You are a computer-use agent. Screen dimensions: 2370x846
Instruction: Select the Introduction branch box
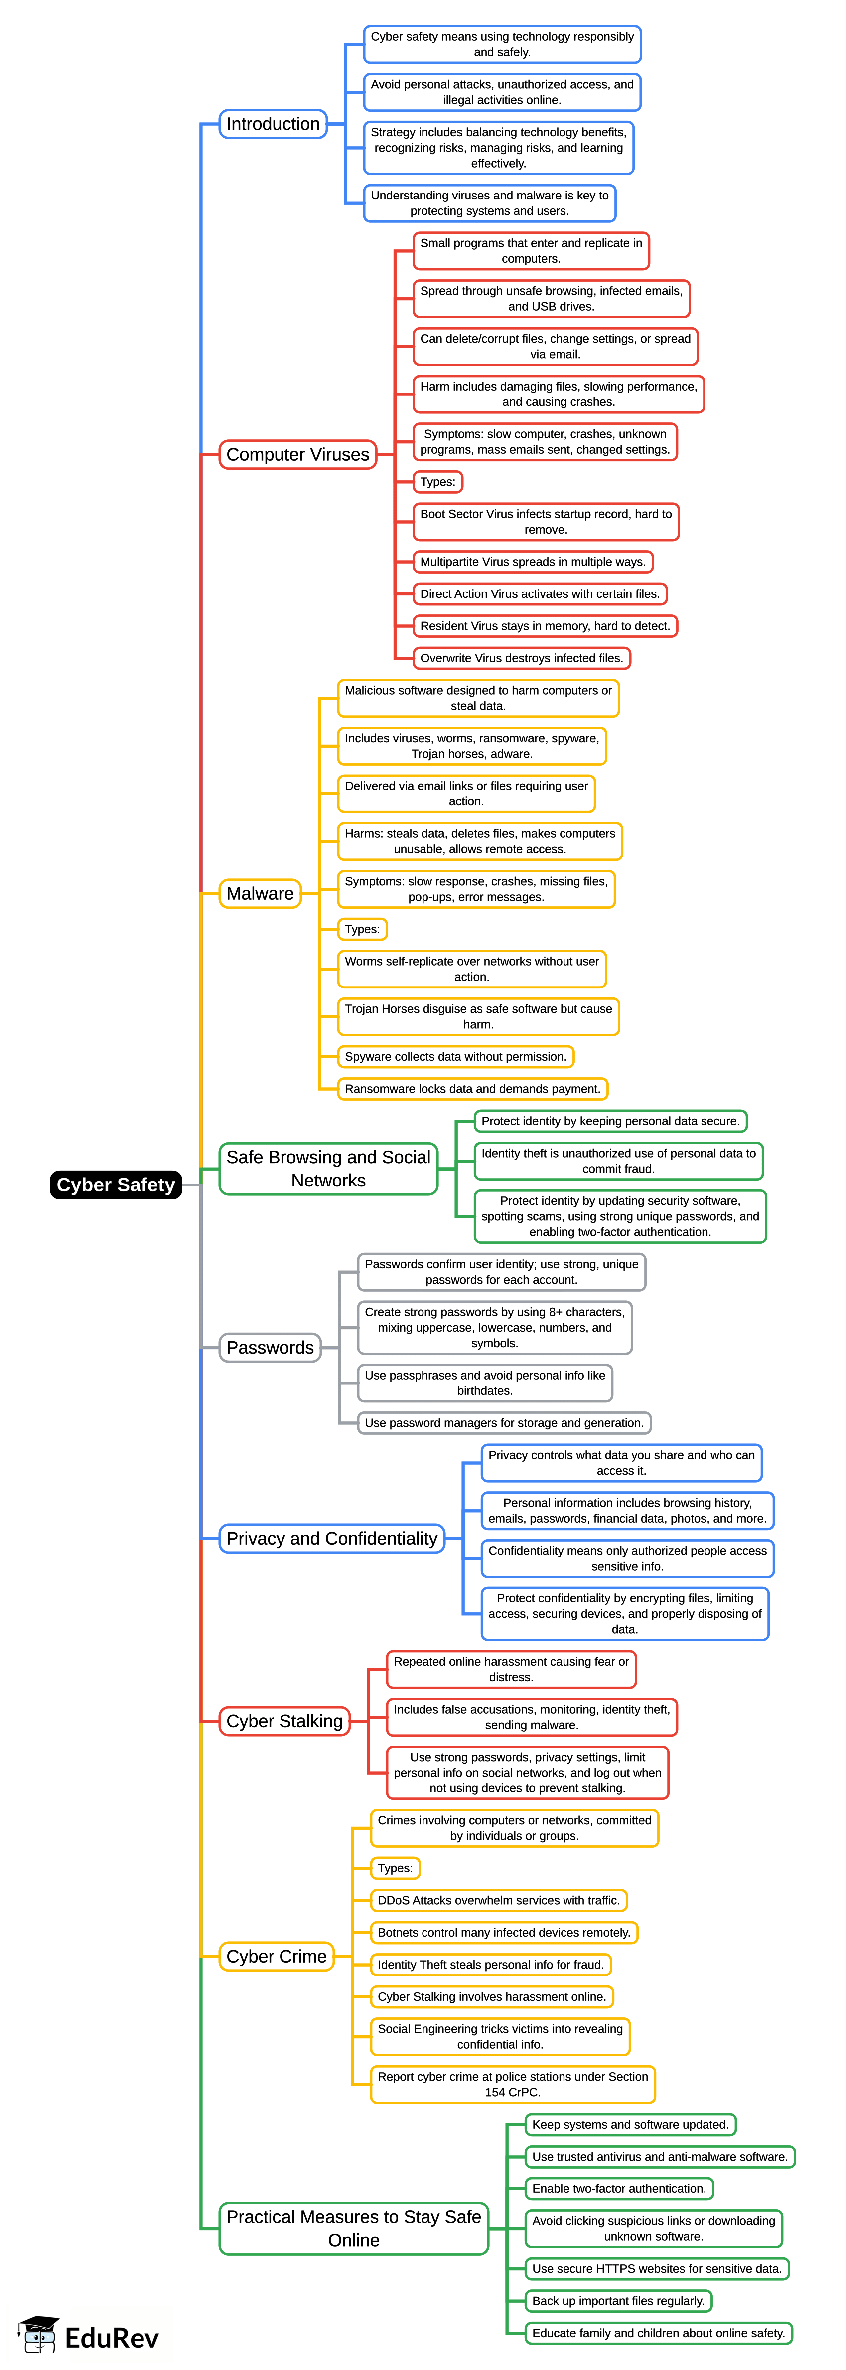coord(273,124)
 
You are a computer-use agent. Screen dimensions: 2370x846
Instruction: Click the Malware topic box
coord(260,893)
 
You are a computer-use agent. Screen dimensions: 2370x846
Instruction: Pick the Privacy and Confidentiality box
coord(332,1538)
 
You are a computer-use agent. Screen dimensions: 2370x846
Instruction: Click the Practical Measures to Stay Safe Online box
coord(354,2228)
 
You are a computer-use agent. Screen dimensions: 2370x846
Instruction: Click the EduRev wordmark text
coord(112,2338)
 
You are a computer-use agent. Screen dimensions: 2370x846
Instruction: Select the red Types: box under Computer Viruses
coord(438,482)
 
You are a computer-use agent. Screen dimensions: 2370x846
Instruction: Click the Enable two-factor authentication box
coord(619,2189)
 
